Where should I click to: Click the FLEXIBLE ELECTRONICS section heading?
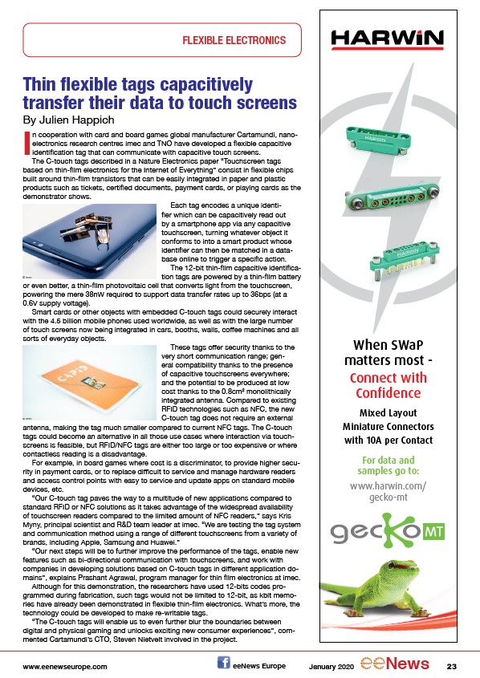[234, 41]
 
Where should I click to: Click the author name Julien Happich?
[76, 120]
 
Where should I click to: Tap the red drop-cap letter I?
[26, 143]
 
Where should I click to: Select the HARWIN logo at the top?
[387, 39]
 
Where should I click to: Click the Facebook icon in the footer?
[224, 663]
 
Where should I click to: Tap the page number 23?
[451, 666]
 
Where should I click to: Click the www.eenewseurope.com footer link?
[65, 666]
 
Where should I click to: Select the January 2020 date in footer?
[331, 666]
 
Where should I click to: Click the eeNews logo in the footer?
[395, 664]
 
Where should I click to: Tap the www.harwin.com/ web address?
[388, 486]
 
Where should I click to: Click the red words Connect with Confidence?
[388, 385]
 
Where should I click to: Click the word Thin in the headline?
[39, 84]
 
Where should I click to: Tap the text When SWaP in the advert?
[388, 345]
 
